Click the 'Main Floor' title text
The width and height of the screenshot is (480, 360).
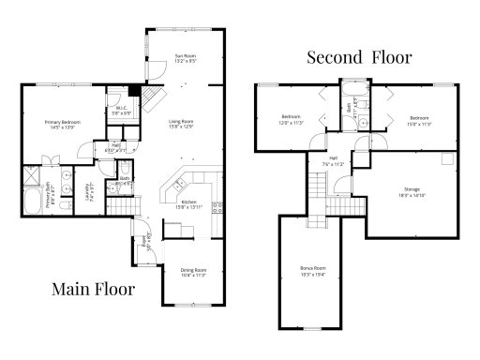point(92,288)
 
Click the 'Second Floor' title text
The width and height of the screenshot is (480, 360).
point(360,57)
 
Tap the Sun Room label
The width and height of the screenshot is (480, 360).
point(185,61)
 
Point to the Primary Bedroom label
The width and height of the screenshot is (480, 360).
point(64,125)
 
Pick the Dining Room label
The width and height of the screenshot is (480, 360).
point(194,273)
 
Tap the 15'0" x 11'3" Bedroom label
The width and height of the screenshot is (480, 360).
point(418,121)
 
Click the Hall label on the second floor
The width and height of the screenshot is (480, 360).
point(333,160)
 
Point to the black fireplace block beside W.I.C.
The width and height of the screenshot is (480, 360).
point(134,92)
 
